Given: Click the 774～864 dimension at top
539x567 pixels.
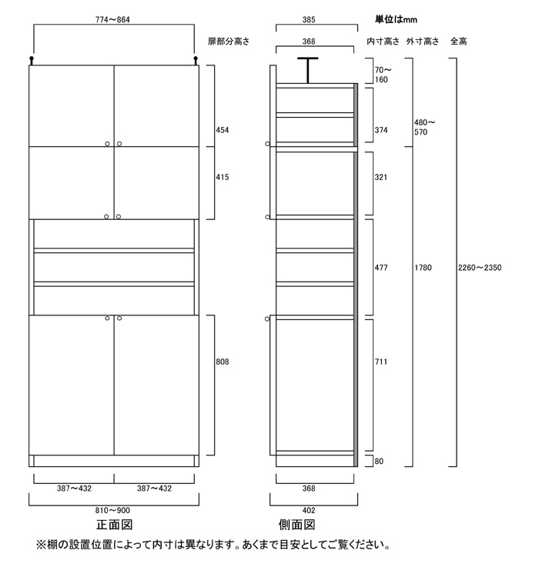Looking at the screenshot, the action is point(112,19).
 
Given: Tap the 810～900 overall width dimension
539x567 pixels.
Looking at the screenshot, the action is point(112,510).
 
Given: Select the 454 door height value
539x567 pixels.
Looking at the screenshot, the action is point(223,130).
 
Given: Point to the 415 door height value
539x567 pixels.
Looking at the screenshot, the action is point(223,177).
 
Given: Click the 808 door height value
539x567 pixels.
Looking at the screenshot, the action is point(223,362).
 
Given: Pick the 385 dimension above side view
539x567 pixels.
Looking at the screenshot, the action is point(309,19).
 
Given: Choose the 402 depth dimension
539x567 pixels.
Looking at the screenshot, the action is point(309,510).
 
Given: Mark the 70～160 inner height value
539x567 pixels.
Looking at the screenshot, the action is point(383,75).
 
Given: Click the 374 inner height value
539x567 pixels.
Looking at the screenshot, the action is point(381,130).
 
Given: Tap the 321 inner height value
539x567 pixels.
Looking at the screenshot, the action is point(381,177).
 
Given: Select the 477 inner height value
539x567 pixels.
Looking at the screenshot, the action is point(381,268).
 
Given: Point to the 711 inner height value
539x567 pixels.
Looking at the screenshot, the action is point(381,362).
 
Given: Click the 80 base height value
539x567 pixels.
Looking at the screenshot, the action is point(379,461).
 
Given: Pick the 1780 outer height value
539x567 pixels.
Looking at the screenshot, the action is point(423,268).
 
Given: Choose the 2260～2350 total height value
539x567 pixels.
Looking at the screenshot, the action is point(480,268).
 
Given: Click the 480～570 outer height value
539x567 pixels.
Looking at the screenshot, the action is point(424,127).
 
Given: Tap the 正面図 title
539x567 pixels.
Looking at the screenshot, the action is point(115,525).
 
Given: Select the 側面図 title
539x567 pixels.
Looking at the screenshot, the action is point(296,525).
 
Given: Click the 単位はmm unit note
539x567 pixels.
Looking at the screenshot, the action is point(396,19).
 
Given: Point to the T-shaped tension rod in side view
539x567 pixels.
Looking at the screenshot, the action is point(308,71).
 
